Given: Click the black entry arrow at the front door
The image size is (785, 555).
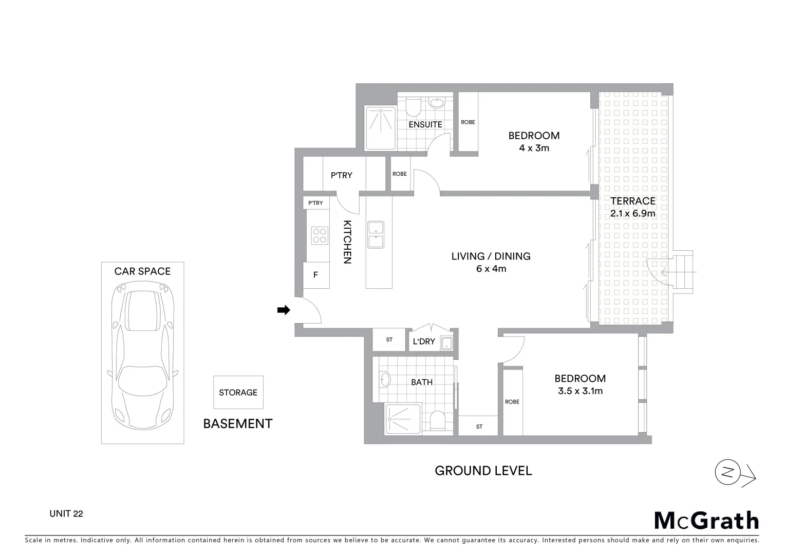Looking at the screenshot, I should click(284, 310).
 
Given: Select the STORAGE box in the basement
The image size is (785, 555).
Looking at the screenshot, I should click(238, 392).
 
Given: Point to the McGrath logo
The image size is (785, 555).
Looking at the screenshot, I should click(706, 521).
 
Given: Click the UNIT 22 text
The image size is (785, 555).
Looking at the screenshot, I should click(66, 513).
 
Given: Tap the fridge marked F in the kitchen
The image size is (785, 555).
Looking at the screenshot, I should click(316, 275).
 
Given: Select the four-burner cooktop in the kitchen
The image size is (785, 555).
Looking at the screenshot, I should click(320, 236).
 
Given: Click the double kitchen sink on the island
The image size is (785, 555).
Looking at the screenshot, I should click(376, 235).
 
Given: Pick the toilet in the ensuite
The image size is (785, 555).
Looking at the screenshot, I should click(413, 107).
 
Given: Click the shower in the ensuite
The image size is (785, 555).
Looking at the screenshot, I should click(380, 128).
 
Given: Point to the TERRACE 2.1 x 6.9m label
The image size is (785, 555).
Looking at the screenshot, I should click(632, 207).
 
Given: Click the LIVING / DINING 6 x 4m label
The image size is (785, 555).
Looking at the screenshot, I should click(491, 262).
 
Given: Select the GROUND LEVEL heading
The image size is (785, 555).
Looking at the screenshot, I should click(483, 470).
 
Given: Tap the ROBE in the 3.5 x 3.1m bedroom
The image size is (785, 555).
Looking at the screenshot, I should click(512, 401).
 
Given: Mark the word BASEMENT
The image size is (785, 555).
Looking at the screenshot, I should click(237, 423).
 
